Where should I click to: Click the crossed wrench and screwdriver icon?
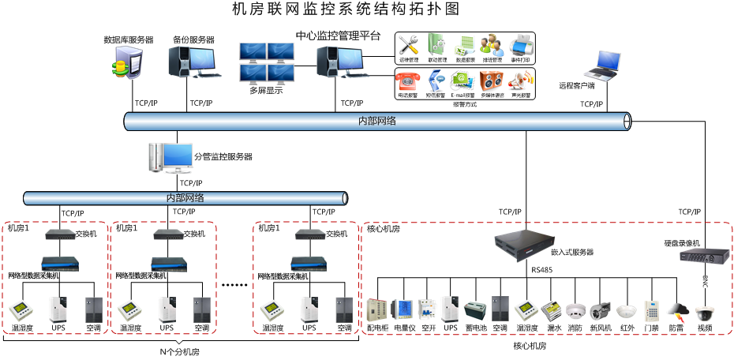(408, 45)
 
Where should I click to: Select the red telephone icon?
(407, 81)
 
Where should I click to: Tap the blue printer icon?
(521, 45)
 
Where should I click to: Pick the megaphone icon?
(521, 80)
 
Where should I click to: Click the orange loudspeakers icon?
(491, 81)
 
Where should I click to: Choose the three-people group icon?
(491, 44)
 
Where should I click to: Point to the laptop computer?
(602, 66)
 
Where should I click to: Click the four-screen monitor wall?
(267, 63)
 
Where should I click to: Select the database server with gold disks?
(128, 62)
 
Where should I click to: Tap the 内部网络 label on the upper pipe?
(376, 122)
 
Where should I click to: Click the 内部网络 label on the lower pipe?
(185, 198)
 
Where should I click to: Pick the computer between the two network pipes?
(170, 158)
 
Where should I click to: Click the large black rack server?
(525, 246)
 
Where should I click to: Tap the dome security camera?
(704, 312)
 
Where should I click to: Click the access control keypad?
(651, 310)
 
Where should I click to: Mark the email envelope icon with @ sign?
(462, 81)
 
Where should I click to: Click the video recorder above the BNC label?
(704, 256)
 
